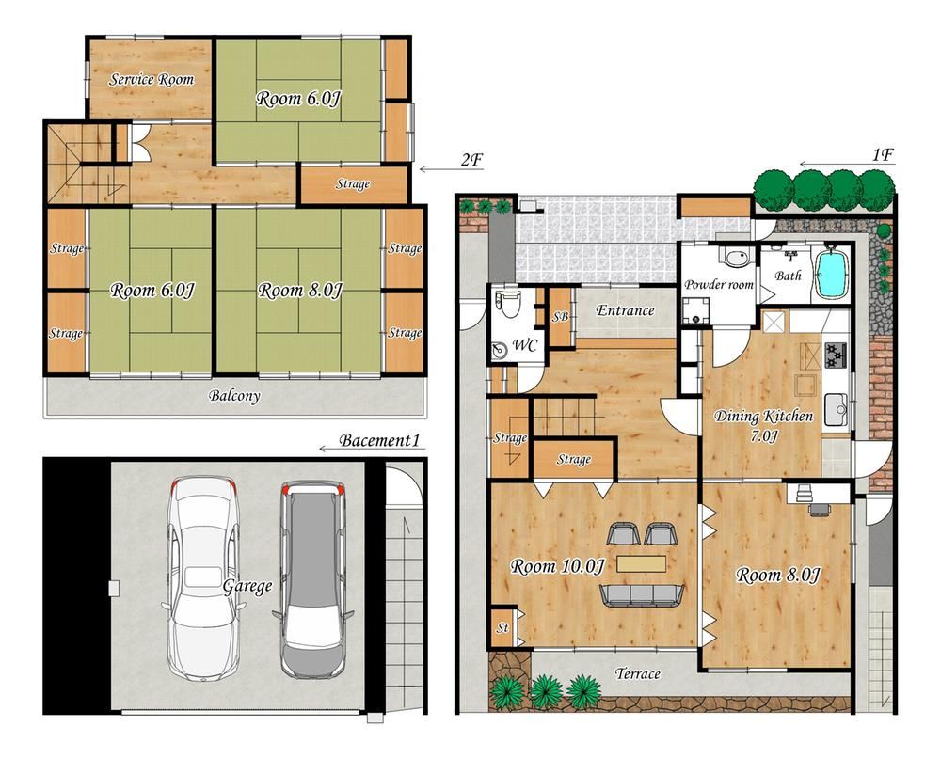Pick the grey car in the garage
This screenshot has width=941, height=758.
[x=312, y=579]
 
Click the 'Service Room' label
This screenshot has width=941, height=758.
[x=152, y=79]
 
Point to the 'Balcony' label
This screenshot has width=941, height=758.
[x=234, y=396]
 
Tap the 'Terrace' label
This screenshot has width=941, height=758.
[x=637, y=673]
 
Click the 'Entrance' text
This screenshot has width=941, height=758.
[x=625, y=310]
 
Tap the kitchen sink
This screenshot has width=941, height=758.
[x=836, y=410]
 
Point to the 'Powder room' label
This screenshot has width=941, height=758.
[x=718, y=284]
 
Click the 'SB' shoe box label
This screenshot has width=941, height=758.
[x=560, y=316]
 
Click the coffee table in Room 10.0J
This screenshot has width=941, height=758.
[x=641, y=564]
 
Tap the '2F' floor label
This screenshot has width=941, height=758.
[x=471, y=160]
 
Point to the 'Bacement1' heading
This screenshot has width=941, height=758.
[x=379, y=440]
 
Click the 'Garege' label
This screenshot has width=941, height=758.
[x=247, y=586]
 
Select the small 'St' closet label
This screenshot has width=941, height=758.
[x=502, y=628]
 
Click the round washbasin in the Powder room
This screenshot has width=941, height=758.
[x=736, y=259]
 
